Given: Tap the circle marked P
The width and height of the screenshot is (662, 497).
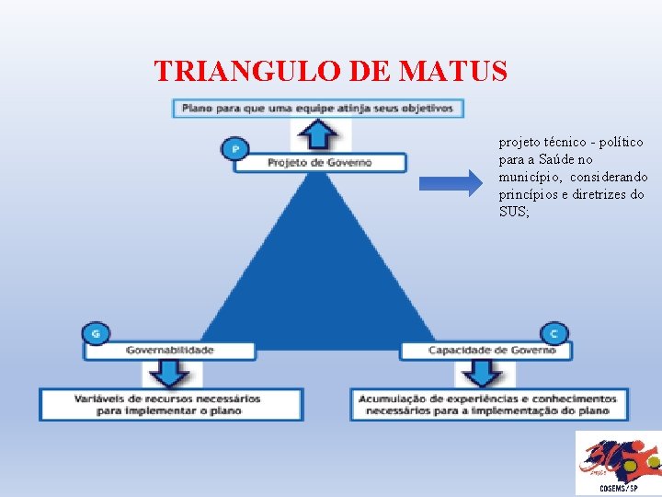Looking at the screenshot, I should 235,148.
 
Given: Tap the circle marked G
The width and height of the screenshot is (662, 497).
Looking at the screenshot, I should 95,333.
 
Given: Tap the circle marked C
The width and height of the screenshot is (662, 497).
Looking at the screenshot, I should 554,333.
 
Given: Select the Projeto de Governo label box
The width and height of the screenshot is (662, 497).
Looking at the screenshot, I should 319,163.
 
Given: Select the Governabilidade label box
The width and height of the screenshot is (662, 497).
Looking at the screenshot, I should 170,351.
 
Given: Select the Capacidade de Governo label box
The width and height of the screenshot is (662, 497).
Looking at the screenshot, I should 485,351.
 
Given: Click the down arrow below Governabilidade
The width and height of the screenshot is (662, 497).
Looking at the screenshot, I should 171,374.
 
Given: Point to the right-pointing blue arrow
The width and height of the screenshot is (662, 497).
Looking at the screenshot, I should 449,184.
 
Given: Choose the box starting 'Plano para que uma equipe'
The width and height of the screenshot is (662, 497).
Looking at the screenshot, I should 318,108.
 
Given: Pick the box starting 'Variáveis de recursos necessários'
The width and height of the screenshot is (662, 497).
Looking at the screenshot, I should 171,405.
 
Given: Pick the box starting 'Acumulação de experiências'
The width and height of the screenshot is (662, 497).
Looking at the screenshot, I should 489,405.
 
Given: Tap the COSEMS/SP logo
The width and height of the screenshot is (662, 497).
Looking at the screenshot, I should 615,463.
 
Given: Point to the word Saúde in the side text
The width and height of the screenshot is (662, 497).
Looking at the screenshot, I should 565,159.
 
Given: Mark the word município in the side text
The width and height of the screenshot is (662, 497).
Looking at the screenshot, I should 528,177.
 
